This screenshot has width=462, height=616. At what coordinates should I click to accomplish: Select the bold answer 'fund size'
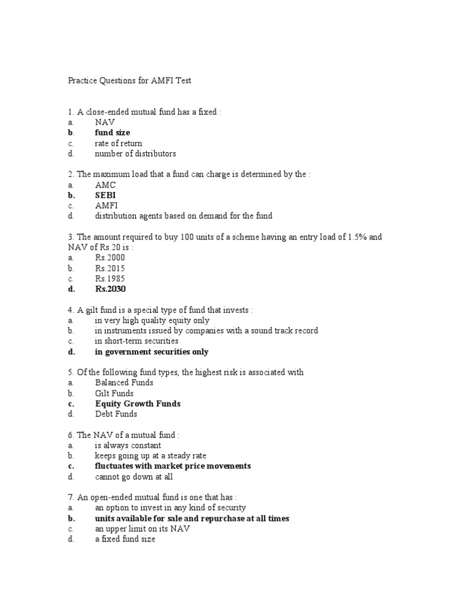(112, 132)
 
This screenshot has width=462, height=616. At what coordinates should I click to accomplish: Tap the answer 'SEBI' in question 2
(105, 196)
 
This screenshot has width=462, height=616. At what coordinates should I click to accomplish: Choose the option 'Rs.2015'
(110, 268)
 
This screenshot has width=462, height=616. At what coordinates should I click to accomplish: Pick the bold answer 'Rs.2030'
(111, 289)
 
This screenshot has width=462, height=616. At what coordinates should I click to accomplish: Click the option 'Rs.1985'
(110, 279)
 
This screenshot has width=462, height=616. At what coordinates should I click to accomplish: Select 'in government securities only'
(152, 352)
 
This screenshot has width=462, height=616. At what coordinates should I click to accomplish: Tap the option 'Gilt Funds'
(114, 393)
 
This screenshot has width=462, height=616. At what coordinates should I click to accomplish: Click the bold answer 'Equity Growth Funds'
(138, 404)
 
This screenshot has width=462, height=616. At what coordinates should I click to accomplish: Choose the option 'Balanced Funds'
(124, 383)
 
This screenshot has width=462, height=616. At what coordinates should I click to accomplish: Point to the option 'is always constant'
(128, 446)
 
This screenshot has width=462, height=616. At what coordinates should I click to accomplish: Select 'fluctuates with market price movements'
(173, 466)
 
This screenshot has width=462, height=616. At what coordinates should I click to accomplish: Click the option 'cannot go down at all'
(134, 477)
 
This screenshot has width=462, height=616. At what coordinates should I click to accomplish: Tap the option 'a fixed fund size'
(125, 540)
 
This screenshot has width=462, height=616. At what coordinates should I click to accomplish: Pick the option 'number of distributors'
(136, 153)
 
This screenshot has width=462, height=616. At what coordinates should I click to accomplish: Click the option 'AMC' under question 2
(105, 185)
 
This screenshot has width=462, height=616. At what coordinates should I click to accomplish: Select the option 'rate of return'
(119, 143)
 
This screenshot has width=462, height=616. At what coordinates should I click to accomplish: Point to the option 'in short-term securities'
(137, 341)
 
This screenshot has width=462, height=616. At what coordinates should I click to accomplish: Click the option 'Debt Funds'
(116, 414)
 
